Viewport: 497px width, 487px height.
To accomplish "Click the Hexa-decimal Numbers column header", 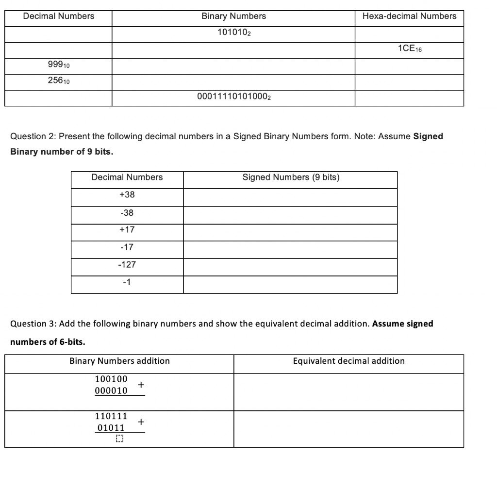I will (409, 16).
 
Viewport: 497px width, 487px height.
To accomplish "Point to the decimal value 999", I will (59, 65).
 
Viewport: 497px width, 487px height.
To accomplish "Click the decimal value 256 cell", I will (59, 81).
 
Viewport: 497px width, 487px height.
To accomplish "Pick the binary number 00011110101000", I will (233, 97).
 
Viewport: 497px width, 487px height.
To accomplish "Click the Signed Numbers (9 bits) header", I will (291, 177).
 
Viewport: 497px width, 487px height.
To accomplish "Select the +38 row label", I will (127, 195).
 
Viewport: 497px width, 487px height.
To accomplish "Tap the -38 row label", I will (127, 212).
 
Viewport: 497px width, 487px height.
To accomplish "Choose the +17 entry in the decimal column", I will (127, 229).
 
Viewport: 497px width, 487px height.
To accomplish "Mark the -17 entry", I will (127, 247).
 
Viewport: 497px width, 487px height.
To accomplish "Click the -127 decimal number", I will (127, 264).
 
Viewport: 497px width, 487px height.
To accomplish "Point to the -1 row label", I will (127, 282).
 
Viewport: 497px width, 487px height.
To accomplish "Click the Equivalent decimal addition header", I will (348, 361).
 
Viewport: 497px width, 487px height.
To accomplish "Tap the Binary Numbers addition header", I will (119, 361).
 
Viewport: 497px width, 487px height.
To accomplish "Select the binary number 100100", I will (111, 378).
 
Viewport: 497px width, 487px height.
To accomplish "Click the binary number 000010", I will (111, 390).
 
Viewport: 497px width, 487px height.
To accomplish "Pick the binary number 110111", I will (111, 416).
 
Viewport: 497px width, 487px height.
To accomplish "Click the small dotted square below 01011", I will (119, 439).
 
